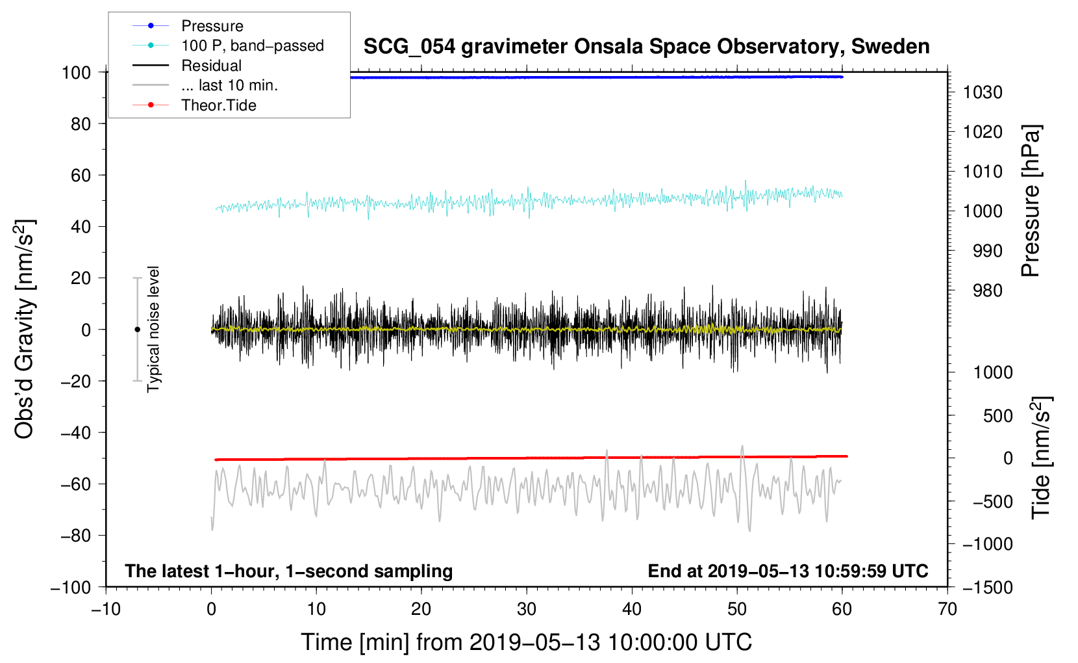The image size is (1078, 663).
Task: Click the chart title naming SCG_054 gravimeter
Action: [x=646, y=47]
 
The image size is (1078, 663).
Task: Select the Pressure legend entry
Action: [x=212, y=26]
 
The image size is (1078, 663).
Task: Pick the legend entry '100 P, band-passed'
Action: [x=252, y=45]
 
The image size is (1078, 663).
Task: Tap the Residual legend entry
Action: [x=211, y=66]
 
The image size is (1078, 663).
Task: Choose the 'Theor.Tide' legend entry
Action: [x=218, y=105]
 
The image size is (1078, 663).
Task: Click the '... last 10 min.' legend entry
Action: [x=229, y=85]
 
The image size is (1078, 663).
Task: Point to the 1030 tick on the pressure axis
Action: [x=983, y=92]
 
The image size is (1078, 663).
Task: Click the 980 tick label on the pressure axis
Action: [x=987, y=291]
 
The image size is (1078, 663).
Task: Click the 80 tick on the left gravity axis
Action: [x=81, y=123]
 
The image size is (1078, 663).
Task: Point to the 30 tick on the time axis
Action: [x=527, y=609]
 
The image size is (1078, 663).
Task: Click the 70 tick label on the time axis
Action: [x=947, y=609]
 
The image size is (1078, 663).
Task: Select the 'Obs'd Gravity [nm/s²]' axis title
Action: [x=25, y=330]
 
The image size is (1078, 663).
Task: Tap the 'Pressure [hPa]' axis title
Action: [x=1031, y=201]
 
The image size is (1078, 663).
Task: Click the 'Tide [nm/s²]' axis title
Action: [x=1041, y=457]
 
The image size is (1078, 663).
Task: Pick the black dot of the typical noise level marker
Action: [x=137, y=330]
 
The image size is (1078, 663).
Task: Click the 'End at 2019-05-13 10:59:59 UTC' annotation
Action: [x=788, y=571]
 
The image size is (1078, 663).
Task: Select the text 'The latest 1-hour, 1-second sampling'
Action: [x=289, y=571]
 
